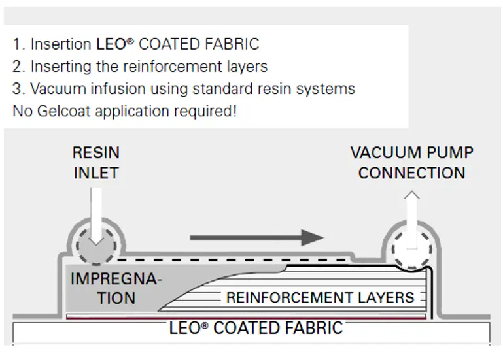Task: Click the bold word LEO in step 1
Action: pos(111,44)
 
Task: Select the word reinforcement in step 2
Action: pos(173,67)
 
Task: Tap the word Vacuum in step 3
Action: pos(59,89)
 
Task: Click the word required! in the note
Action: pos(205,112)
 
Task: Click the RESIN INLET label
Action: pos(96,163)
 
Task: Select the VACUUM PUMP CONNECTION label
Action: pos(412,163)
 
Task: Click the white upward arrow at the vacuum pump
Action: pos(412,220)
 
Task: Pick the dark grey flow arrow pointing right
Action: pos(257,238)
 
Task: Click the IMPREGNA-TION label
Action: pos(116,288)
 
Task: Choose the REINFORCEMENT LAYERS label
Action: pos(320,297)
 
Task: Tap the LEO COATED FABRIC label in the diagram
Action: pos(256,328)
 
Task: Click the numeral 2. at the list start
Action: pos(18,67)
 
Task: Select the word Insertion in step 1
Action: pos(61,44)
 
